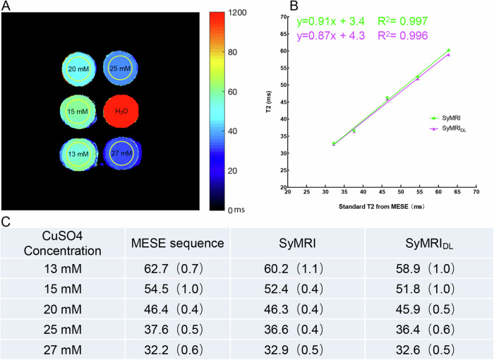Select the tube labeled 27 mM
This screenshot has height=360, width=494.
coord(120,152)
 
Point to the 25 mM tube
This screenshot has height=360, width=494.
coord(120,69)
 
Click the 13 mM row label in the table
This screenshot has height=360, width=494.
coord(64,268)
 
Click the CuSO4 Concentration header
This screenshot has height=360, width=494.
coord(64,244)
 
